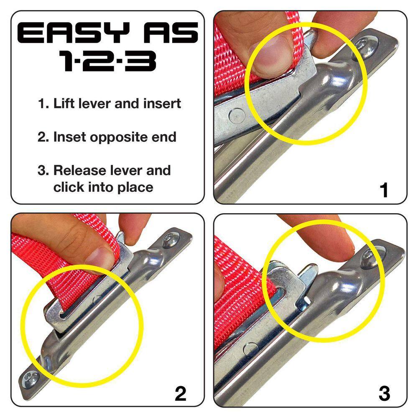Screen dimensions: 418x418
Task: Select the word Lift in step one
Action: pyautogui.click(x=64, y=103)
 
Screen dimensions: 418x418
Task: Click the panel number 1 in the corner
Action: pyautogui.click(x=384, y=190)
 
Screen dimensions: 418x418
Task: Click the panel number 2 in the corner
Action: pyautogui.click(x=181, y=393)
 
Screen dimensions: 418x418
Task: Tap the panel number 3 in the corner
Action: pyautogui.click(x=384, y=393)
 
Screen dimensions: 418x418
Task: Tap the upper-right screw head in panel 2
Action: pyautogui.click(x=171, y=240)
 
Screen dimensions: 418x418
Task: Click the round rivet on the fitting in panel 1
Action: pyautogui.click(x=237, y=116)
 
